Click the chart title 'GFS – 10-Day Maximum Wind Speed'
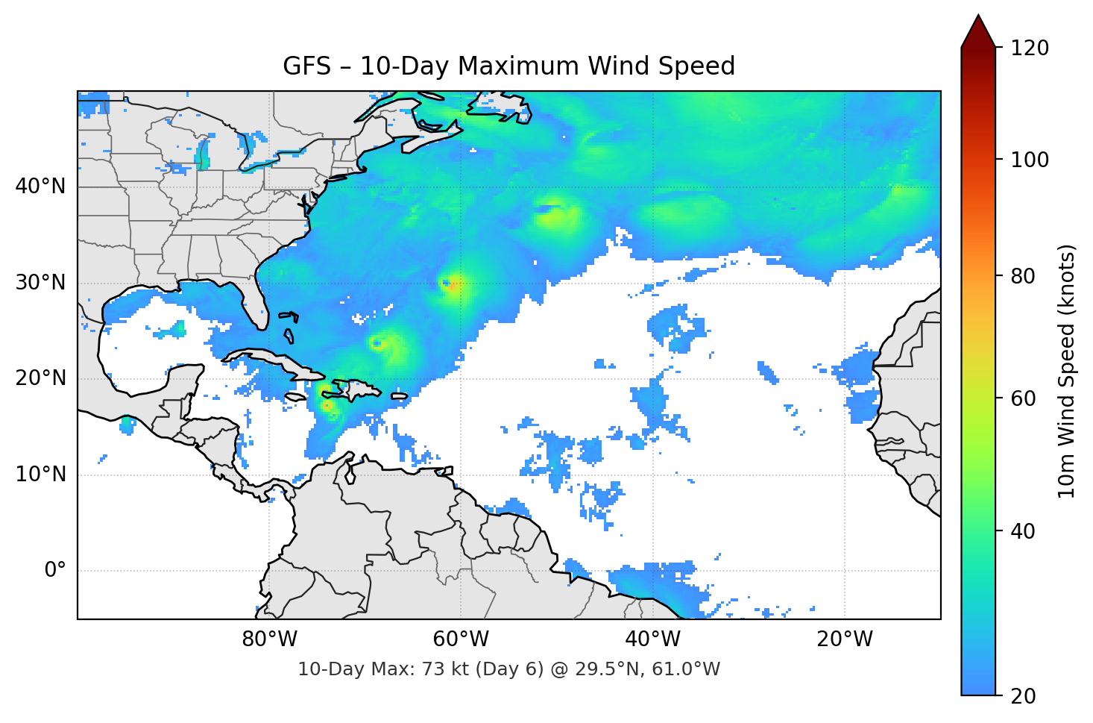click(x=508, y=66)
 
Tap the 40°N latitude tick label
click(x=40, y=186)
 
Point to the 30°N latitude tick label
click(x=40, y=283)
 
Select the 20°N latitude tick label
click(x=40, y=378)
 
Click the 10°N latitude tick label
click(x=40, y=475)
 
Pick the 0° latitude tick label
click(x=55, y=571)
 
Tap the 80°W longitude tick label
click(x=269, y=639)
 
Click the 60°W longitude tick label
click(x=461, y=639)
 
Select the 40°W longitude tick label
click(x=652, y=639)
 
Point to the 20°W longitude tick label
click(x=844, y=639)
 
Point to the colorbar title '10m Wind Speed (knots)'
click(x=1066, y=372)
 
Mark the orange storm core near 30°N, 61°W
click(x=451, y=284)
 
